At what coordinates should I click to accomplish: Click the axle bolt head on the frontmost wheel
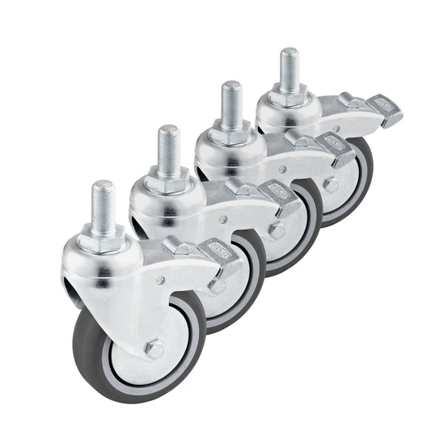point(154,349)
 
